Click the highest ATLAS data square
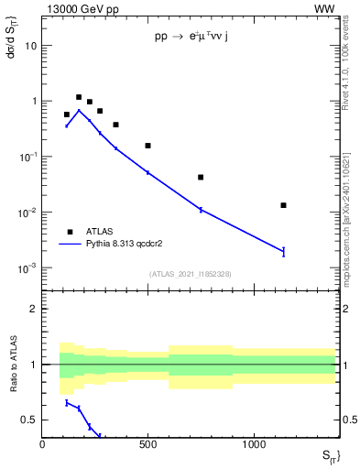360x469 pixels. (79, 97)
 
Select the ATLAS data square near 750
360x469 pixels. (201, 178)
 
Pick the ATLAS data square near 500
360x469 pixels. (147, 146)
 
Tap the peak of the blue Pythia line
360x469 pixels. (79, 111)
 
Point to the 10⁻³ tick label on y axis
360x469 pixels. (27, 268)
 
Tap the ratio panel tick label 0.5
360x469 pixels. (29, 420)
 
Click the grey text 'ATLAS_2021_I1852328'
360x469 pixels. (190, 274)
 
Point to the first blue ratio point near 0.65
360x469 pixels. (67, 402)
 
